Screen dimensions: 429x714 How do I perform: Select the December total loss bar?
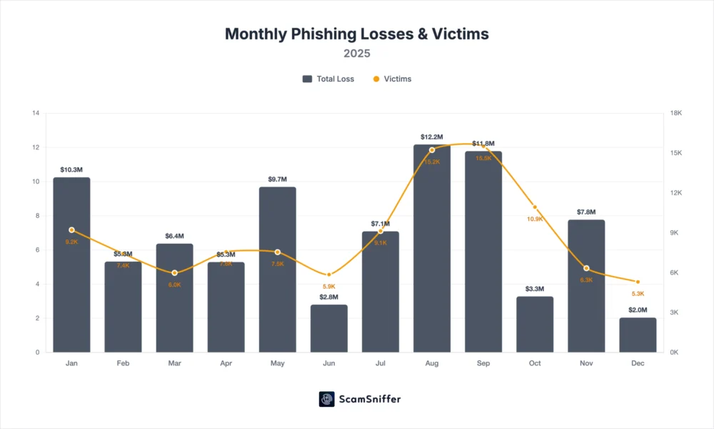pyautogui.click(x=638, y=335)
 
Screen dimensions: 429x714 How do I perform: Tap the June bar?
pyautogui.click(x=329, y=329)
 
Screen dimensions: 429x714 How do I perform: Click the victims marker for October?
pyautogui.click(x=535, y=207)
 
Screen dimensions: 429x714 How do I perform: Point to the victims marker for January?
pyautogui.click(x=71, y=230)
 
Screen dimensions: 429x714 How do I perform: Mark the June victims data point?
pyautogui.click(x=329, y=275)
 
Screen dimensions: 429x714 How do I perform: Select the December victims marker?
pyautogui.click(x=638, y=282)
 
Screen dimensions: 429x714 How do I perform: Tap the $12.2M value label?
pyautogui.click(x=432, y=137)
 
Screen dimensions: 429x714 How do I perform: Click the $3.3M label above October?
pyautogui.click(x=535, y=289)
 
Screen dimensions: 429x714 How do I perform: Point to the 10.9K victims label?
pyautogui.click(x=534, y=218)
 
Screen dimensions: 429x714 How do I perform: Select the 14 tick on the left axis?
pyautogui.click(x=35, y=113)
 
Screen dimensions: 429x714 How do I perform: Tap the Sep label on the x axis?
pyautogui.click(x=483, y=363)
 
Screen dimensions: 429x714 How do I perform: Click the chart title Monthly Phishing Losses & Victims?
pyautogui.click(x=357, y=34)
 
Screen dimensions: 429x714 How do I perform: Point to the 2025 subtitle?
pyautogui.click(x=357, y=53)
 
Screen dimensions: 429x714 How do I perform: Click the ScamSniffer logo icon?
pyautogui.click(x=327, y=399)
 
